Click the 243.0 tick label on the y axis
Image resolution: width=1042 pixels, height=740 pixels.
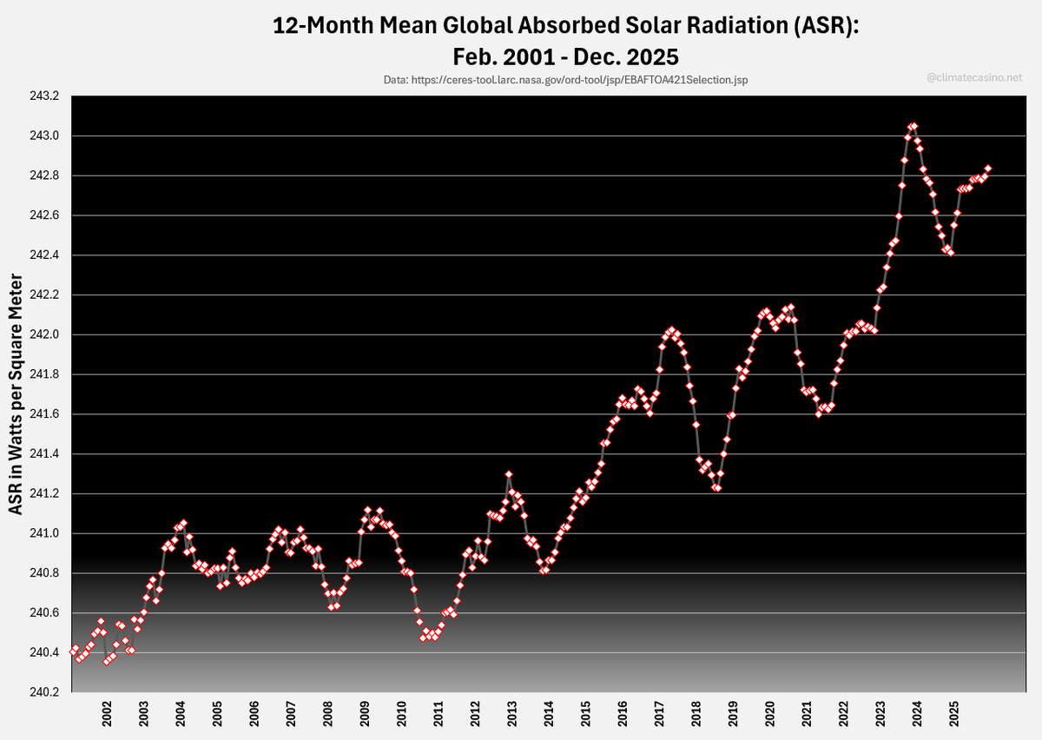[44, 136]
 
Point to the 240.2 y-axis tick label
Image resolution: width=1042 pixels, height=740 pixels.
[44, 692]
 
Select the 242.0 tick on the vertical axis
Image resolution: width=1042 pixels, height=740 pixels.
[44, 334]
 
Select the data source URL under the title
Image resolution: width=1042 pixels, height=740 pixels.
[565, 79]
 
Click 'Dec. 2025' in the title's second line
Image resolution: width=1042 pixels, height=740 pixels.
[623, 56]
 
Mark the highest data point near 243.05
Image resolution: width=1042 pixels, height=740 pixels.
[913, 126]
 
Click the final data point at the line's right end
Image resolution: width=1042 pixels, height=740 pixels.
[988, 168]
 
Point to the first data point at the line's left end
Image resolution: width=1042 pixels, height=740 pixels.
[73, 651]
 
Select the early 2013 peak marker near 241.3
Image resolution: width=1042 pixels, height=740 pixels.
[509, 474]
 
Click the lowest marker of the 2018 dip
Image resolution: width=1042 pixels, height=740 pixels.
[717, 488]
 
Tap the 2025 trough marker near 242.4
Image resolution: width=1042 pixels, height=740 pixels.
[951, 253]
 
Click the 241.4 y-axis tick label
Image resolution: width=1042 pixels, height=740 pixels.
[44, 454]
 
